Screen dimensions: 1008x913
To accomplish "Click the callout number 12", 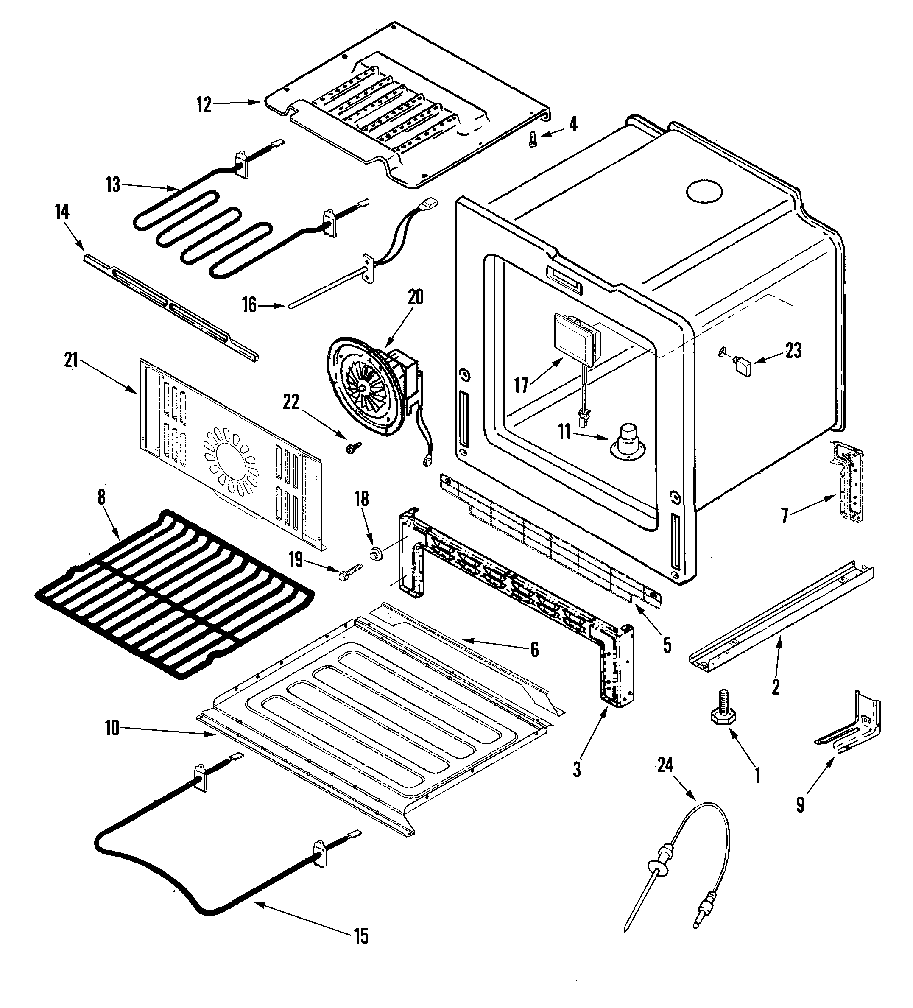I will tap(204, 105).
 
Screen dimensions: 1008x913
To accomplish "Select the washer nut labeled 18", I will tap(375, 553).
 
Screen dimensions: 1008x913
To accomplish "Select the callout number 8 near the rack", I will tap(101, 497).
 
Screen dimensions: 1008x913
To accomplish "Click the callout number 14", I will tap(62, 212).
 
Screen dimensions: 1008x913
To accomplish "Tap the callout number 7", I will tap(785, 516).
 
